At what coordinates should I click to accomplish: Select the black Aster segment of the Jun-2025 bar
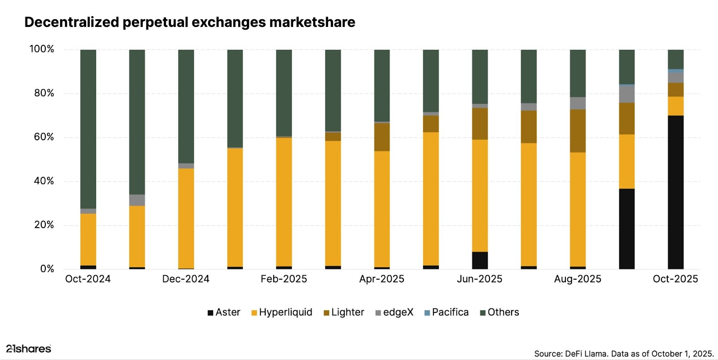[x=480, y=260]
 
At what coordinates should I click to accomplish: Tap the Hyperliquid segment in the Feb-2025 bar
[x=284, y=202]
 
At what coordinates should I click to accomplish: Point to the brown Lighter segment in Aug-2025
[x=578, y=131]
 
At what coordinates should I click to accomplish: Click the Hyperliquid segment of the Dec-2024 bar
[x=186, y=218]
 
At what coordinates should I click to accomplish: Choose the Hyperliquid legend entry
[x=281, y=312]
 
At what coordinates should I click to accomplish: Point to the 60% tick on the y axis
[x=44, y=137]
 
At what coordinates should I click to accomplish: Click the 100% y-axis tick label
[x=42, y=49]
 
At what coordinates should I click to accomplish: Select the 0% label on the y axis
[x=47, y=269]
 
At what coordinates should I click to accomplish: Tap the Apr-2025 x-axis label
[x=381, y=279]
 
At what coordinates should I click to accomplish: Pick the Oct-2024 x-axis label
[x=88, y=279]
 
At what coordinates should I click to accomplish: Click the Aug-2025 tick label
[x=578, y=279]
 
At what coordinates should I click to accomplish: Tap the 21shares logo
[x=29, y=349]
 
